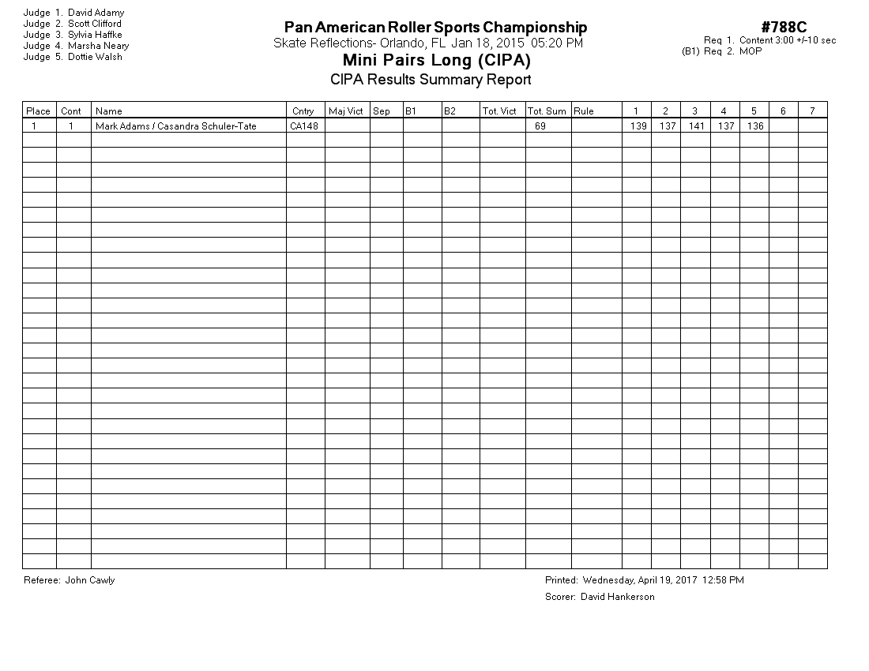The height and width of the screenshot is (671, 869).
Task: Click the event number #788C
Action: (x=784, y=28)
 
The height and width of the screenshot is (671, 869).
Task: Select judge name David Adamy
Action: (x=96, y=13)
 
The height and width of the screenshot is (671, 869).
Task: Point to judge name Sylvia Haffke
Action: (x=95, y=35)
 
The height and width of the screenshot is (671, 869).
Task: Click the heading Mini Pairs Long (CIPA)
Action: (x=436, y=60)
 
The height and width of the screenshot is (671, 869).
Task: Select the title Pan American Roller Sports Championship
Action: (x=435, y=28)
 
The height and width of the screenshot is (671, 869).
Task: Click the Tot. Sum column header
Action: (x=547, y=111)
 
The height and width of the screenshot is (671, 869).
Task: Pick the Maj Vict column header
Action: (x=346, y=111)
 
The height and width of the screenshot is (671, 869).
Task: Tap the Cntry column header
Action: (x=303, y=111)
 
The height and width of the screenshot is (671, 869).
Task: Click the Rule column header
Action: (x=584, y=111)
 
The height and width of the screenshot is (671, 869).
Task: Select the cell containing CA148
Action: (x=303, y=126)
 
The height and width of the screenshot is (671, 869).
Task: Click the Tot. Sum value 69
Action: (x=540, y=126)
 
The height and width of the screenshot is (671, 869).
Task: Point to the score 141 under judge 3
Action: (x=696, y=126)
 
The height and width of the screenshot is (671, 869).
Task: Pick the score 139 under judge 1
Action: (x=638, y=126)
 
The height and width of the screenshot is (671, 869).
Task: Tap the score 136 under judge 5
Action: (x=755, y=126)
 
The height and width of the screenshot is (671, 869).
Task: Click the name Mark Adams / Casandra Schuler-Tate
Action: (x=175, y=126)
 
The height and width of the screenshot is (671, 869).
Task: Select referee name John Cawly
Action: (x=90, y=580)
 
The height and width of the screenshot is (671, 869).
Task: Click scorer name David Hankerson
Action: (x=617, y=597)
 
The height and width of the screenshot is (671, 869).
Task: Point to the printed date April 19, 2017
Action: (x=662, y=580)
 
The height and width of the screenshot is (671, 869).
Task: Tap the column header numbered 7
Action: (x=812, y=111)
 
